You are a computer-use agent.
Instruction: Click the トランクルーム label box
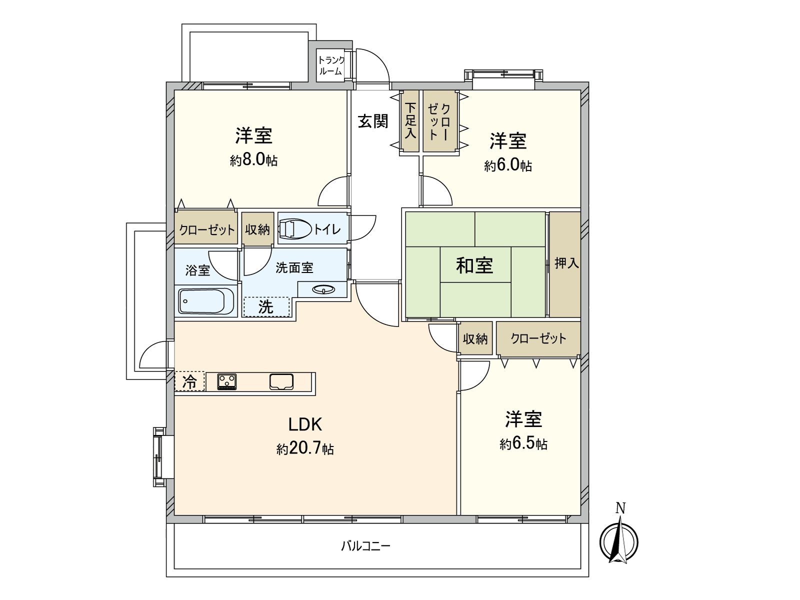[x=331, y=65]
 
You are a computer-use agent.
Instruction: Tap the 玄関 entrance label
[x=373, y=121]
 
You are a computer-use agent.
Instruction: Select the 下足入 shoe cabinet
[x=410, y=120]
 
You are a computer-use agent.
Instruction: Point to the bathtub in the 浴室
[x=206, y=301]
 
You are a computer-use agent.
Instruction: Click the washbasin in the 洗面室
[x=323, y=289]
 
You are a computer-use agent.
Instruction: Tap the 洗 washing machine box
[x=266, y=306]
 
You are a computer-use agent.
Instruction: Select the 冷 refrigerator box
[x=189, y=381]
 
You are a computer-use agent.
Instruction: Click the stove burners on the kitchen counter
[x=227, y=381]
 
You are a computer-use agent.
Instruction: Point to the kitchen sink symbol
[x=281, y=381]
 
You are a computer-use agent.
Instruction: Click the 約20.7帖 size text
[x=305, y=448]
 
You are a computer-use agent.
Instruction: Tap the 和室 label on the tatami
[x=474, y=265]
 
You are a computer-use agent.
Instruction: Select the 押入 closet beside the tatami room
[x=565, y=263]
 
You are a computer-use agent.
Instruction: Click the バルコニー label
[x=365, y=545]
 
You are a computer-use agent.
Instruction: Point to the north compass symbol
[x=619, y=541]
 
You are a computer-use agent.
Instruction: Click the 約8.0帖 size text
[x=254, y=160]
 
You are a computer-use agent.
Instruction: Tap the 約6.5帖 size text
[x=523, y=443]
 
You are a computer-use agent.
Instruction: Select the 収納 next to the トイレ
[x=257, y=229]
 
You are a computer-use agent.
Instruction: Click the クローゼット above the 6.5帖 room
[x=538, y=338]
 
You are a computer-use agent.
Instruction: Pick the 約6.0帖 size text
[x=508, y=165]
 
